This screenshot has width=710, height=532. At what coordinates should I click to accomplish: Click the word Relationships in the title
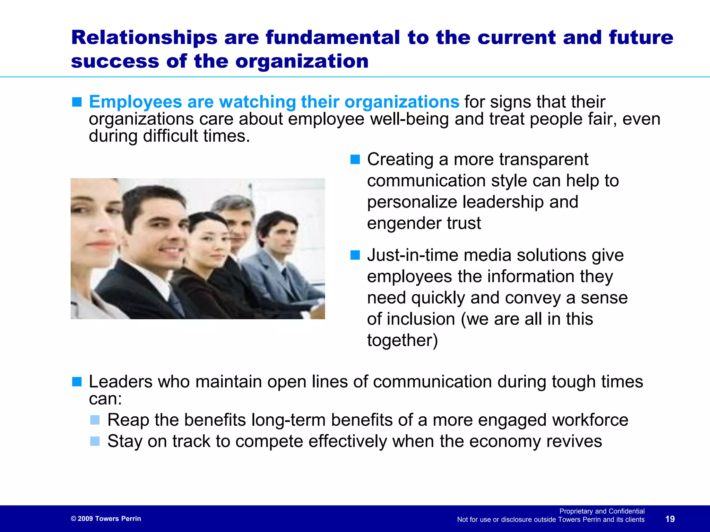click(x=144, y=37)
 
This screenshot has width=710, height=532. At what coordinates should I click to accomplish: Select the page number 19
click(x=670, y=519)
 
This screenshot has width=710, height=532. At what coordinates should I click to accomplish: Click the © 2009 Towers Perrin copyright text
click(x=106, y=518)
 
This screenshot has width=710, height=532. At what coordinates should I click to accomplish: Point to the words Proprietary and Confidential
click(x=602, y=511)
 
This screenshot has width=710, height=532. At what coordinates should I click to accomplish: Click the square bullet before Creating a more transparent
click(x=355, y=159)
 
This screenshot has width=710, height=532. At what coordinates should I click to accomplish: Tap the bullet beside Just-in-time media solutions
click(x=355, y=255)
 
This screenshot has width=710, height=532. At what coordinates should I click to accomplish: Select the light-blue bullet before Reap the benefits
click(x=95, y=420)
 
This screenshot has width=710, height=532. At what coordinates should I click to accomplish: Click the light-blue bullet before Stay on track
click(x=95, y=441)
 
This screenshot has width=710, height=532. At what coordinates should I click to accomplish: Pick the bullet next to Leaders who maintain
click(x=77, y=382)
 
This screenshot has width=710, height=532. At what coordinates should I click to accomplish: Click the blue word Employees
click(x=135, y=102)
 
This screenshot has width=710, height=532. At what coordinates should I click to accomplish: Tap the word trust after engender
click(x=464, y=223)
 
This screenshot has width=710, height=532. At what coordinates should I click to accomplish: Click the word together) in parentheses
click(x=402, y=340)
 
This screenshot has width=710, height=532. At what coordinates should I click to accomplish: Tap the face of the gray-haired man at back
click(x=239, y=225)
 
